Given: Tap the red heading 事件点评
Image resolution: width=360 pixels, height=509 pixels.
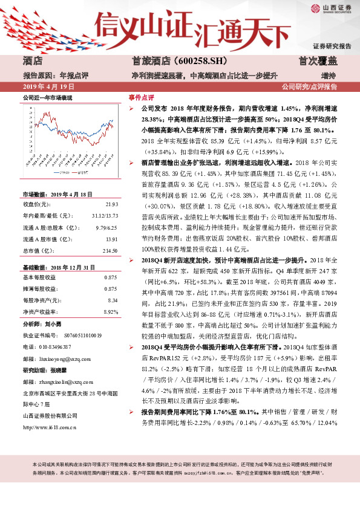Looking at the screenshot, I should [x=141, y=97].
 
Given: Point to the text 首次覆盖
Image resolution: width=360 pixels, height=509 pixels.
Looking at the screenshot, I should [x=317, y=61].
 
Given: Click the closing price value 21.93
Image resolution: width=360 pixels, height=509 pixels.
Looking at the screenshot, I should [x=111, y=204].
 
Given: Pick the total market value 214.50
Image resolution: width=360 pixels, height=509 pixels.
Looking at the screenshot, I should [x=109, y=250].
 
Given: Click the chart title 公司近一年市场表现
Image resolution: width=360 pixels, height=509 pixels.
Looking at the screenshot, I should [x=47, y=97].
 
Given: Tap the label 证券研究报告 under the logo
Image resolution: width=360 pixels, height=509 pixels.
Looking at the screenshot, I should [x=332, y=47].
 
